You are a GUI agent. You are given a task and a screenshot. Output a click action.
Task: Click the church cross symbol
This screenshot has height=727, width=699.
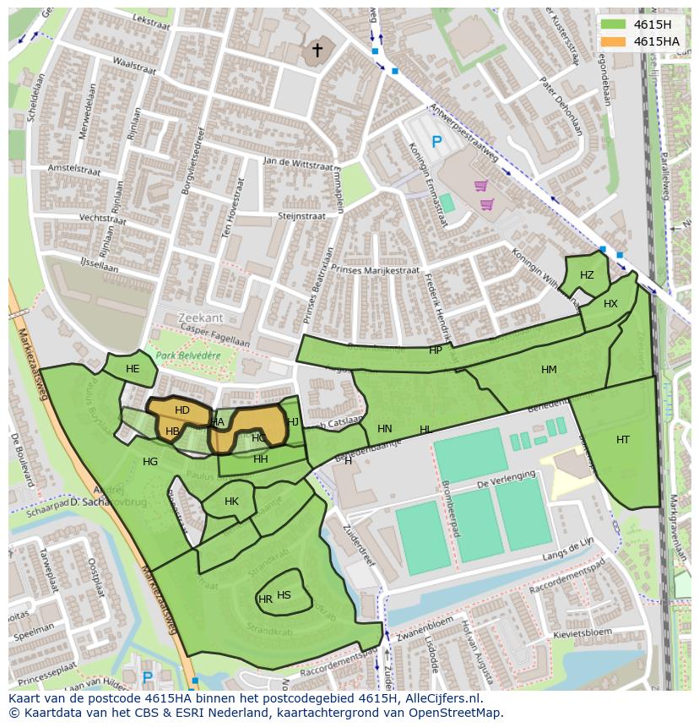pos(317,51)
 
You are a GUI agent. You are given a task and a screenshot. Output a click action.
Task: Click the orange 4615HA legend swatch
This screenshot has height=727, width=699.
pos(614,41)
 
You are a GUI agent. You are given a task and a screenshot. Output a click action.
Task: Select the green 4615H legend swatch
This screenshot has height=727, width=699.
pos(614,24)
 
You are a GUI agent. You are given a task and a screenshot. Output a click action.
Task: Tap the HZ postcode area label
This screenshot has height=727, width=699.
pos(587,275)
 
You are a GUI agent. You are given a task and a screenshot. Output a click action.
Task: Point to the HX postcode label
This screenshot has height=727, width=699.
pos(610,304)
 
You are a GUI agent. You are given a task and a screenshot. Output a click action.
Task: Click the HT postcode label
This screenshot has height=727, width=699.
pos(623,440)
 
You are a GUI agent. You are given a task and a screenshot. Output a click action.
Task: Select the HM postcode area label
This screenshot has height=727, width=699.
pos(549,370)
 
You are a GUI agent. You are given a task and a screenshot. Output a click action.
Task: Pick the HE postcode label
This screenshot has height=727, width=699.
pos(133,369)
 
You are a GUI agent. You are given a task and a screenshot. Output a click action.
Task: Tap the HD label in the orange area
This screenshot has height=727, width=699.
pos(182,410)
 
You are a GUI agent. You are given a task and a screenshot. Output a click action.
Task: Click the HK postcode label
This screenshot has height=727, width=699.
pos(231,502)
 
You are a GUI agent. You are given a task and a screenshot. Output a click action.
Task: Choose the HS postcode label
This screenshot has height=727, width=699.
pos(284,595)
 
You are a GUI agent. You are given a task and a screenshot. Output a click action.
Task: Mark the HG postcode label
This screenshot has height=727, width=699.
pos(150,462)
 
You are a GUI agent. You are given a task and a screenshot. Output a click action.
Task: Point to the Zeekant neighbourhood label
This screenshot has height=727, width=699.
pos(201,317)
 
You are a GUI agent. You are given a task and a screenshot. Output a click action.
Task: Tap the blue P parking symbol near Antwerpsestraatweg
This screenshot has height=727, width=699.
pos(436,143)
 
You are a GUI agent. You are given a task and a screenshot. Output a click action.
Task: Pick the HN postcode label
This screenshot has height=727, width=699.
pos(385,429)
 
